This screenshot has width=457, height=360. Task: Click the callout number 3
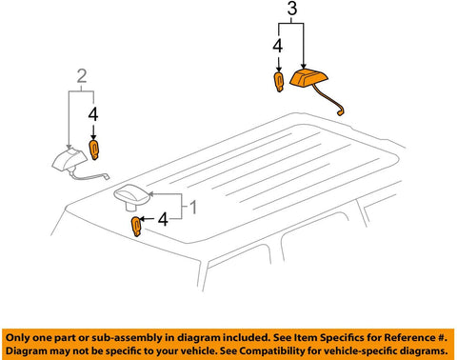pyautogui.click(x=292, y=9)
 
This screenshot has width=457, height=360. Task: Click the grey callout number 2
pyautogui.click(x=82, y=76)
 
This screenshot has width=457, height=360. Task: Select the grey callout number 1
pyautogui.click(x=193, y=208)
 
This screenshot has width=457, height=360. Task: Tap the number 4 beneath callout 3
pyautogui.click(x=278, y=47)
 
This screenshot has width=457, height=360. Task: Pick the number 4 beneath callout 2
pyautogui.click(x=93, y=114)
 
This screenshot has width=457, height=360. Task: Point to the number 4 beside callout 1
pyautogui.click(x=163, y=219)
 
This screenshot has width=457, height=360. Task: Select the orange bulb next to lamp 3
pyautogui.click(x=279, y=82)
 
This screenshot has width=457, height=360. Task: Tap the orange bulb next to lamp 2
pyautogui.click(x=94, y=150)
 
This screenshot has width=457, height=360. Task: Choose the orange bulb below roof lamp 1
pyautogui.click(x=136, y=227)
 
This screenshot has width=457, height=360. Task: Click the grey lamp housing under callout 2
pyautogui.click(x=70, y=158)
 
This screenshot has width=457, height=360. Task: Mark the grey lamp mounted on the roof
pyautogui.click(x=132, y=197)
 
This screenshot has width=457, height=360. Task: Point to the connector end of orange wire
pyautogui.click(x=340, y=111)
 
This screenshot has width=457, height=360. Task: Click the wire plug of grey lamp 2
pyautogui.click(x=106, y=176)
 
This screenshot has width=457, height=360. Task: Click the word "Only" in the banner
pyautogui.click(x=18, y=338)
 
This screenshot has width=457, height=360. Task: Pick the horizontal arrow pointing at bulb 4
pyautogui.click(x=147, y=219)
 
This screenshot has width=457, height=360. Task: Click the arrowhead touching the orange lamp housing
pyautogui.click(x=304, y=65)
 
